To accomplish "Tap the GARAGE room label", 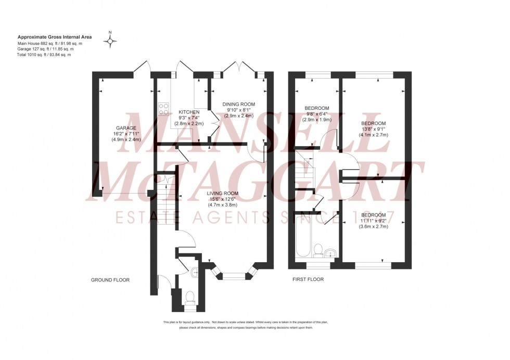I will click(126, 128).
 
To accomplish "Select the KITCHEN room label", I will click(189, 112).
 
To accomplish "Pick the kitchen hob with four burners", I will click(164, 109).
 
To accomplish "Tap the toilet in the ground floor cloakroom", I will click(190, 297).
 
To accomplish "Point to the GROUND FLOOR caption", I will click(110, 280).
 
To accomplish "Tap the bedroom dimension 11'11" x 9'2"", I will click(374, 221).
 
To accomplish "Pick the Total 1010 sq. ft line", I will click(44, 55).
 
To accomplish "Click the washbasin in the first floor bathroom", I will click(331, 254).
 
